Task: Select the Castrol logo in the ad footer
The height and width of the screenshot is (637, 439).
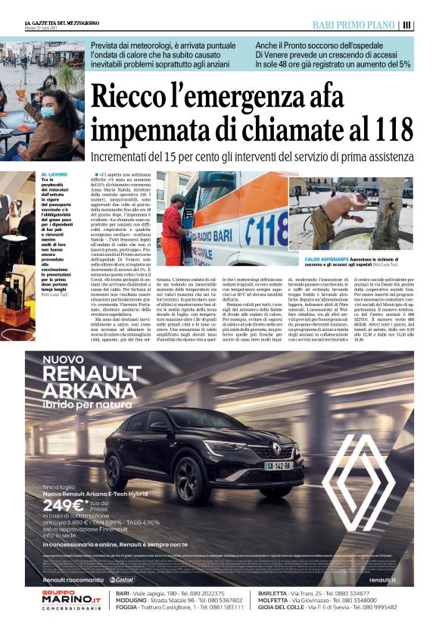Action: pos(123,579)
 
